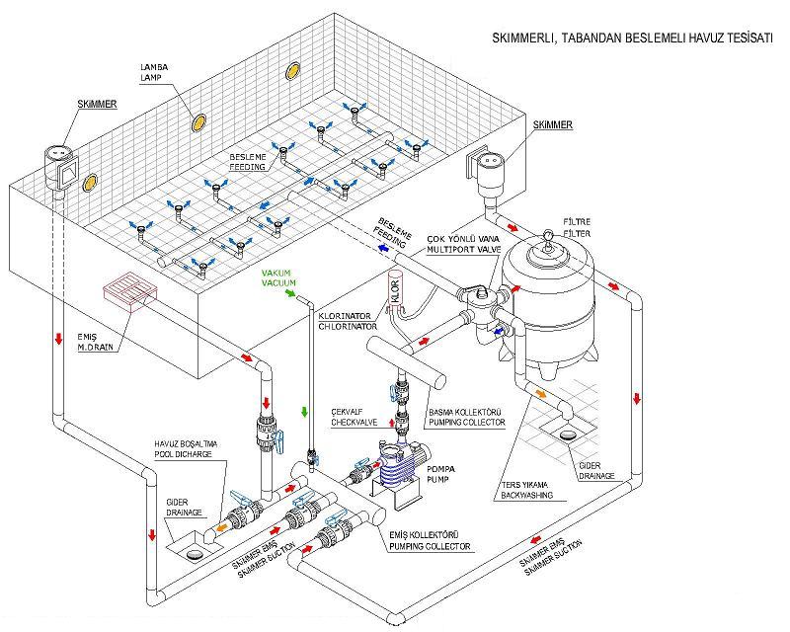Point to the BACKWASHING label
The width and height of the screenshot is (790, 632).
(525, 494)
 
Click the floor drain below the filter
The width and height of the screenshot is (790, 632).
(570, 434)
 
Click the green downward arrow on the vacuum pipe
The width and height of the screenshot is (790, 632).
(304, 411)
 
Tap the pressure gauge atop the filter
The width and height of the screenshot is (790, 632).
(550, 236)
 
